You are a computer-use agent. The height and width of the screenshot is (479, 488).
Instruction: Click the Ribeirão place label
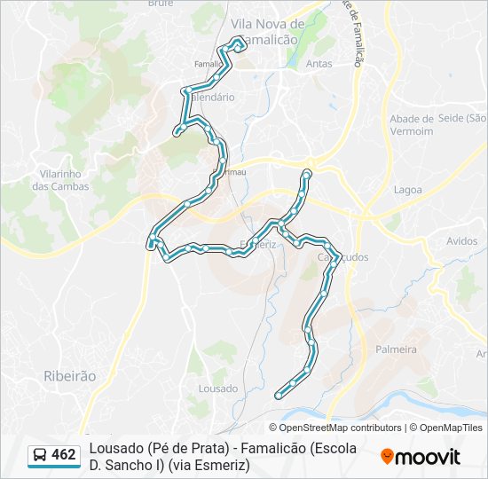(x=69, y=376)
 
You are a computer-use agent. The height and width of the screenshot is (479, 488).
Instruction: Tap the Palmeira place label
(x=396, y=349)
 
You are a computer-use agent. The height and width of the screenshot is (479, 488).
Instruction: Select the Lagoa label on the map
(x=407, y=190)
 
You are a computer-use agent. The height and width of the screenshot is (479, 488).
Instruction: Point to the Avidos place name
(x=462, y=241)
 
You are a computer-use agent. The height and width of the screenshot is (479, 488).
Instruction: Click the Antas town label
(x=319, y=64)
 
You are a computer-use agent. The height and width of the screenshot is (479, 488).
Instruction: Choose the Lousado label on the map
(x=218, y=389)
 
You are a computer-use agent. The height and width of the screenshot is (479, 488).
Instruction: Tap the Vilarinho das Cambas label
(x=61, y=180)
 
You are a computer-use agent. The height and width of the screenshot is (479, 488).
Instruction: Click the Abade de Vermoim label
(x=412, y=125)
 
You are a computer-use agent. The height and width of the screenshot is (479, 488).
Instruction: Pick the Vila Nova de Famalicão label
(x=267, y=31)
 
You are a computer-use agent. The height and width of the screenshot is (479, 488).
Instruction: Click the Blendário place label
(x=212, y=97)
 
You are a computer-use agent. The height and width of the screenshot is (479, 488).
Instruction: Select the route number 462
(x=64, y=455)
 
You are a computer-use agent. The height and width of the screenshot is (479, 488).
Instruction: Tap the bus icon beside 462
(x=40, y=455)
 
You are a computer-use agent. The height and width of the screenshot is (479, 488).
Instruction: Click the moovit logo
(x=421, y=457)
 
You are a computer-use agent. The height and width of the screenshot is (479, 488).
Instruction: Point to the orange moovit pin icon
(x=387, y=457)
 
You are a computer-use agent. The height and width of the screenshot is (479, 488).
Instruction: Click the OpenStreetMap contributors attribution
(x=341, y=428)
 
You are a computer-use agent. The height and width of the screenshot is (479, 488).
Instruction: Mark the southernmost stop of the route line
(x=279, y=395)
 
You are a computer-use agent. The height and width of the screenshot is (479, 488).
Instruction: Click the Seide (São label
(x=462, y=119)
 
